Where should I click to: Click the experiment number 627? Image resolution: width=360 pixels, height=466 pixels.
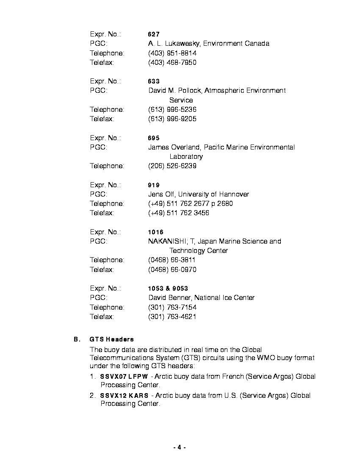154,34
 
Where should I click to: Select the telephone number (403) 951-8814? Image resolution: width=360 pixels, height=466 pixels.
172,53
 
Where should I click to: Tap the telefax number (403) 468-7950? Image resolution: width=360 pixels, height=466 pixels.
172,63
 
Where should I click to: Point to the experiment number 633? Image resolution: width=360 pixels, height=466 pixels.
154,81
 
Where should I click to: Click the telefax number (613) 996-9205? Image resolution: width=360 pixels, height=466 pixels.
172,119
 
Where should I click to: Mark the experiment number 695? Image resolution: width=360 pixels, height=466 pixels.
154,138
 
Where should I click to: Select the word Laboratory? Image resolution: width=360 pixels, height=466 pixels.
186,157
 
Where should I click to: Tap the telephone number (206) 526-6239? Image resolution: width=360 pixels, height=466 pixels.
172,166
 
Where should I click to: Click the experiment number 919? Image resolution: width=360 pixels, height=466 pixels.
154,185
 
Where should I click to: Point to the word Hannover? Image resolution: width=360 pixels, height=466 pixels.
234,194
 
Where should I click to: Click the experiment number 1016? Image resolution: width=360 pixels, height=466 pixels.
155,232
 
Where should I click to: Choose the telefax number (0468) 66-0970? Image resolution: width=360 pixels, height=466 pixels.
172,270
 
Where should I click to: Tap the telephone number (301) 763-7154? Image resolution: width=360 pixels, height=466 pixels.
172,308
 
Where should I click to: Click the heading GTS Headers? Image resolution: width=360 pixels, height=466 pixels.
112,339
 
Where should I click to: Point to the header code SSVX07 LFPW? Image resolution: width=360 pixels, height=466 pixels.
124,377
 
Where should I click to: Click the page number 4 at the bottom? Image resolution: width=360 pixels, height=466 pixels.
180,447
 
